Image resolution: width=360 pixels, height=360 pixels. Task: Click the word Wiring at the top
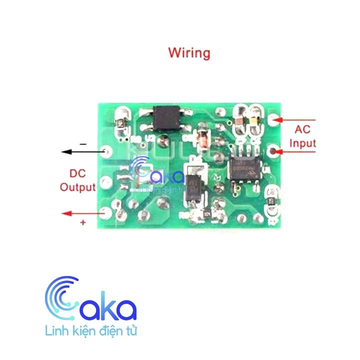tap(189, 52)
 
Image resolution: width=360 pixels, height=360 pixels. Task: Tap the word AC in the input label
tap(301, 130)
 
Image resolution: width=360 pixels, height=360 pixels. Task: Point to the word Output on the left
tap(77, 187)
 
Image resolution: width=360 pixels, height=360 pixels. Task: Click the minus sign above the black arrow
tap(83, 144)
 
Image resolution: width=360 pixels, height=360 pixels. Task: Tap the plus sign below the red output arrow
tap(83, 222)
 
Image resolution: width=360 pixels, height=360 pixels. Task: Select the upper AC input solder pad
tap(273, 120)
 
